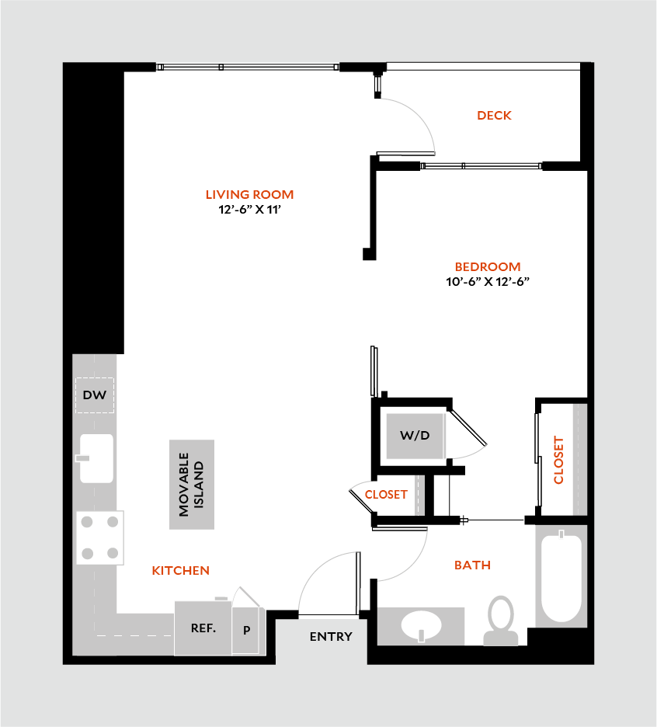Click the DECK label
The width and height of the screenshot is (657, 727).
tap(494, 116)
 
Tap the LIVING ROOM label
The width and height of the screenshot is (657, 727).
tap(249, 195)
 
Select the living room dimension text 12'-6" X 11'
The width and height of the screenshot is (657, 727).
tap(249, 209)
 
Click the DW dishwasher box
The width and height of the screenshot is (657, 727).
tap(95, 395)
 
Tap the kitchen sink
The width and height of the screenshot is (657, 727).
tap(96, 458)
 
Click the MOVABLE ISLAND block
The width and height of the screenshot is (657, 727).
tap(192, 485)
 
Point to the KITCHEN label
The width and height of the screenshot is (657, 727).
tap(180, 571)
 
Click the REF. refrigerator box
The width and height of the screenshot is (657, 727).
tap(203, 628)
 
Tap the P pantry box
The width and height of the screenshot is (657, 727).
tap(247, 630)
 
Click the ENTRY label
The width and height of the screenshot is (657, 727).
tap(331, 637)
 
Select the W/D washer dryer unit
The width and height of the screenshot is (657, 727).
tap(415, 436)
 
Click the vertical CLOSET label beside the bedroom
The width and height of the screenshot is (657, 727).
tap(558, 460)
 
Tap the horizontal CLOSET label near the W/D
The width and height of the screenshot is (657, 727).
tap(386, 495)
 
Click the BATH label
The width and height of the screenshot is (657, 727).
tap(472, 565)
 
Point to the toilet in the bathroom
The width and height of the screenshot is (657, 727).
tap(501, 619)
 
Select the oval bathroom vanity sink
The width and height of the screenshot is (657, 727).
tap(421, 624)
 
